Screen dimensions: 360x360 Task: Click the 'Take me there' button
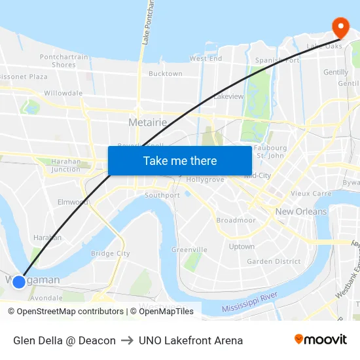180,160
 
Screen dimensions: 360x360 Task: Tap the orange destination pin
340,27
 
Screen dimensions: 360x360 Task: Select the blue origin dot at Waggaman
19,281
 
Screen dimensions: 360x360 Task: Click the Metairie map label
147,122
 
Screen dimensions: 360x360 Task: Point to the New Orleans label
300,211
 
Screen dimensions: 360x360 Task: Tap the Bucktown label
165,74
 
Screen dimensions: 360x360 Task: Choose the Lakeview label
228,96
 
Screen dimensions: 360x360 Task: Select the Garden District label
274,261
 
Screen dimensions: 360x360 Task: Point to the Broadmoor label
236,221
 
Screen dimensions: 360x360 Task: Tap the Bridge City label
110,253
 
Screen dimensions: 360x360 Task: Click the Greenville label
189,249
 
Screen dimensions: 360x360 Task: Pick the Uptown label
242,247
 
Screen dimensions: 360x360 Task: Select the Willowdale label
63,93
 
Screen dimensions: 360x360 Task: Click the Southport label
162,195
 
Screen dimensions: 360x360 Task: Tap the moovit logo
320,340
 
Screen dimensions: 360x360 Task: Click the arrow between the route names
127,340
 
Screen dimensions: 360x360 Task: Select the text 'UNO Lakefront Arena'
190,340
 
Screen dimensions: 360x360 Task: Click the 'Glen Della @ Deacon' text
64,340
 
